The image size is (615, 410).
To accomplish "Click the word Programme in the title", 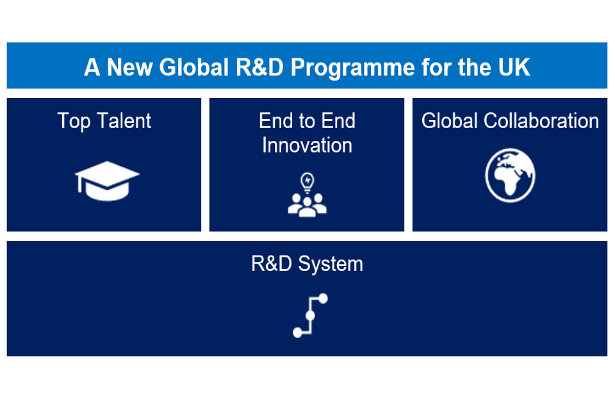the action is (x=352, y=68).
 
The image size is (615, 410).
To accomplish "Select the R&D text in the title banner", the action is (x=259, y=67).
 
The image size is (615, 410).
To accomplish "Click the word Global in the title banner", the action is (x=193, y=67).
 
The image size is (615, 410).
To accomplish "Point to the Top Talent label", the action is (x=104, y=121).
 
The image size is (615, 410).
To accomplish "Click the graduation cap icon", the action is (x=107, y=181).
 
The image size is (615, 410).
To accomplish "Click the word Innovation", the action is (x=307, y=145).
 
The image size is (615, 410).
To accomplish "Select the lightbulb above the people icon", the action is (x=307, y=182).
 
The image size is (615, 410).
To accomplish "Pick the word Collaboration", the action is (x=541, y=120).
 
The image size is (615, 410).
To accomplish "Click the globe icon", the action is (x=510, y=175).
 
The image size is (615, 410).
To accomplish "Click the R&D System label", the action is (x=307, y=264).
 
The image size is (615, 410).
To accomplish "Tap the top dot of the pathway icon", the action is (x=323, y=299).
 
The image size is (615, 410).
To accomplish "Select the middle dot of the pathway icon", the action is (x=310, y=315).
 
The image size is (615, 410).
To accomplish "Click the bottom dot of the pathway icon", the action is (x=298, y=332).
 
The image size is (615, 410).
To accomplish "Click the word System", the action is (x=331, y=264).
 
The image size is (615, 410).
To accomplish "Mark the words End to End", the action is (x=307, y=120).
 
